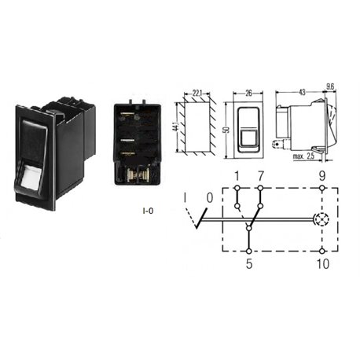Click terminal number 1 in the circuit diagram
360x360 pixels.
(x=237, y=176)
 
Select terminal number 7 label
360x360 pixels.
(x=260, y=176)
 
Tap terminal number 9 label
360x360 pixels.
(x=322, y=176)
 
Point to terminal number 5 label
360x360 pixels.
(x=249, y=263)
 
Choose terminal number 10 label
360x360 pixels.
(x=323, y=263)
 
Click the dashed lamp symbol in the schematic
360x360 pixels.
(x=322, y=219)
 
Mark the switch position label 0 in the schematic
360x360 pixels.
(x=210, y=198)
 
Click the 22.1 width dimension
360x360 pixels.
(x=197, y=93)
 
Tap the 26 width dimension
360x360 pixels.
(x=248, y=93)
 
